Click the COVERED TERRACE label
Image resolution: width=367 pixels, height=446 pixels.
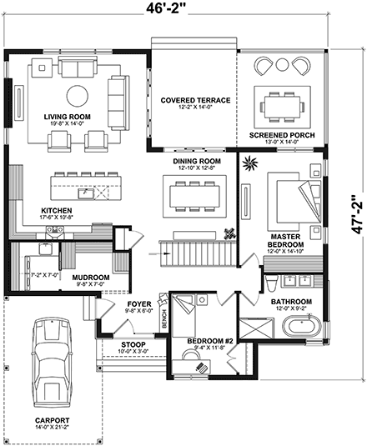(x=195, y=100)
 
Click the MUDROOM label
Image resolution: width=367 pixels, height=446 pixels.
(x=93, y=277)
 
